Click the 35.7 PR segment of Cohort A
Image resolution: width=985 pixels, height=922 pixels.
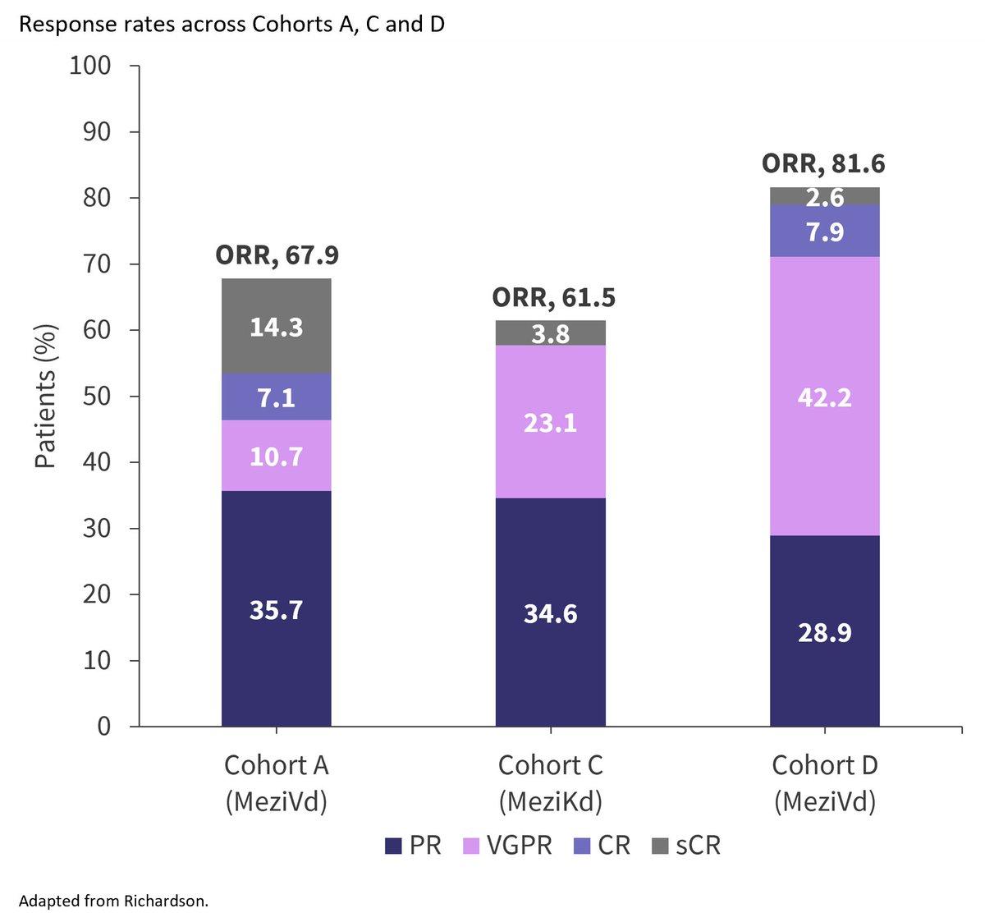tap(277, 609)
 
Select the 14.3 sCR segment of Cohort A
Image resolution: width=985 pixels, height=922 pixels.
tap(277, 326)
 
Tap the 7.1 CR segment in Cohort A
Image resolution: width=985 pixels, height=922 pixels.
tap(277, 397)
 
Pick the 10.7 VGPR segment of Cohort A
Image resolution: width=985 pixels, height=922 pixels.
tap(277, 456)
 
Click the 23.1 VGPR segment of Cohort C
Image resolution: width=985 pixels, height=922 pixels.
tap(551, 422)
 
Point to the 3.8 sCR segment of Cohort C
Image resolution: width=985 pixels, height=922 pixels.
tap(551, 333)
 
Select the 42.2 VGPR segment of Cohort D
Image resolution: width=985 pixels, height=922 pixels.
tap(825, 396)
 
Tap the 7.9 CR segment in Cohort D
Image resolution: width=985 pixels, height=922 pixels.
tap(825, 231)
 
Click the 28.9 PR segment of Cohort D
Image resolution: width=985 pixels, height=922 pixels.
tap(825, 631)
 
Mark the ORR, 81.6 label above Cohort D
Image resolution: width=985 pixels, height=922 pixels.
tap(823, 163)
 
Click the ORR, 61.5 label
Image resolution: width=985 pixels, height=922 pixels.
tap(553, 297)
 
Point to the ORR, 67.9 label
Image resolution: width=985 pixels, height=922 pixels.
tap(277, 255)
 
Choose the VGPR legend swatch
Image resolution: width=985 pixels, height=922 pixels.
tap(471, 846)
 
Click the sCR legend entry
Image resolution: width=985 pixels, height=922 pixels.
tap(686, 846)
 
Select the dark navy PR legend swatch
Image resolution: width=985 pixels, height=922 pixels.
tap(393, 846)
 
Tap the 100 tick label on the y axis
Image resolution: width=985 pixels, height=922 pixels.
tap(89, 66)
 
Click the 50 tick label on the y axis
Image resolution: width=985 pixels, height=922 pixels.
tap(97, 396)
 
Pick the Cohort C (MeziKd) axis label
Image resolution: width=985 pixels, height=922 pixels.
tap(551, 783)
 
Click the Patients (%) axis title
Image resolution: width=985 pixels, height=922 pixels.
tap(45, 396)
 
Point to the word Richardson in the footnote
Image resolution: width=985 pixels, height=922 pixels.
tap(166, 901)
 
